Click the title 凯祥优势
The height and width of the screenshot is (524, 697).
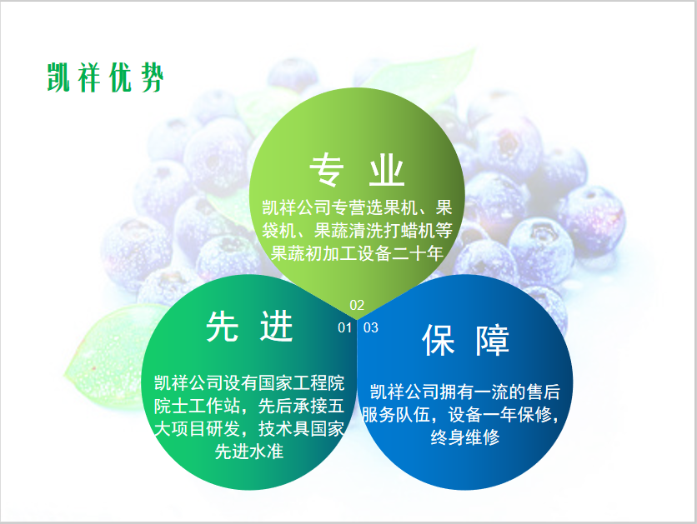(x=106, y=77)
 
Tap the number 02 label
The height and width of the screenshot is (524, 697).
(x=357, y=305)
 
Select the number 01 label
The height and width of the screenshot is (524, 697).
(x=345, y=327)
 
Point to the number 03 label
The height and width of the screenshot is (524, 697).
(x=371, y=327)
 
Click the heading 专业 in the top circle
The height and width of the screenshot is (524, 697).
(x=357, y=170)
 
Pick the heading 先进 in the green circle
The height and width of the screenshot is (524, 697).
(x=249, y=327)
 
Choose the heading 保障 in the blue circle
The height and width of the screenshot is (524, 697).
(x=465, y=340)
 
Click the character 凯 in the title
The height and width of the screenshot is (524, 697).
(x=58, y=77)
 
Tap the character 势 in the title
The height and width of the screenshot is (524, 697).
(x=153, y=77)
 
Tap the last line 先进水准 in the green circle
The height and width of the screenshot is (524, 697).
(x=249, y=452)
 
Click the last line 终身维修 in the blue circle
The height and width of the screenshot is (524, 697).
(x=465, y=437)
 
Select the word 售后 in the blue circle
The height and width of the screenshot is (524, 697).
(x=544, y=392)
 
